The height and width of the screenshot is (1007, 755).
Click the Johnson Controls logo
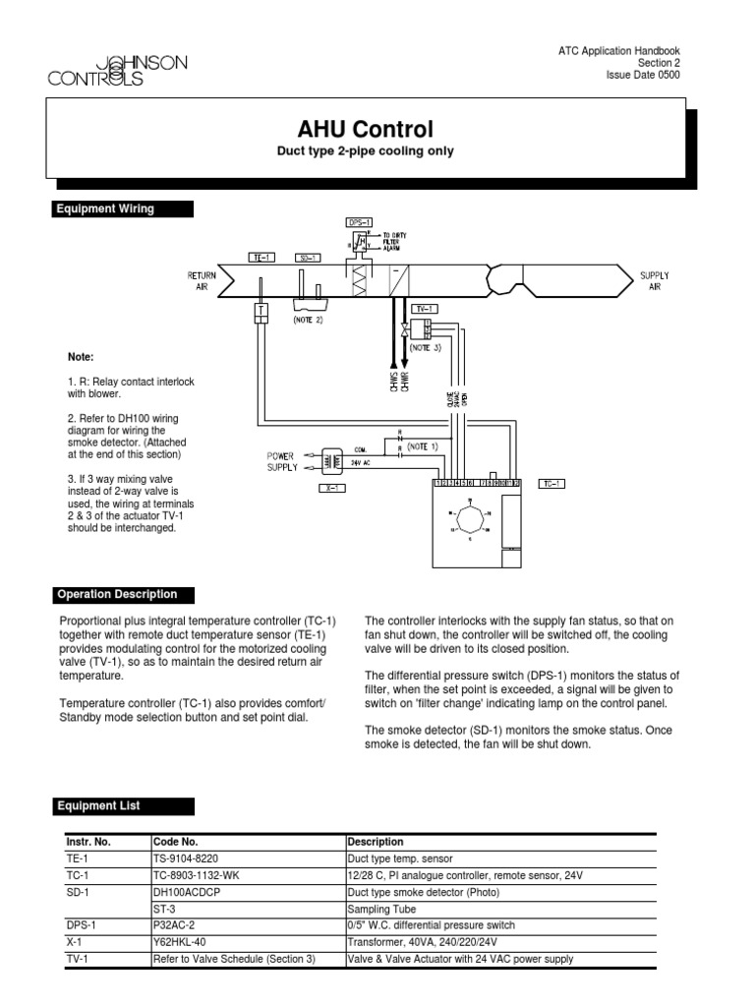[x=117, y=70]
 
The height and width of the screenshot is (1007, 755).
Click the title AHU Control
[x=365, y=130]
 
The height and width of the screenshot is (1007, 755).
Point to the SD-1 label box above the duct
[x=309, y=257]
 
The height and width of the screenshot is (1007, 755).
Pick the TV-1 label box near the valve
[x=425, y=309]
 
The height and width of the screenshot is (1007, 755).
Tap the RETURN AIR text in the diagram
[x=202, y=281]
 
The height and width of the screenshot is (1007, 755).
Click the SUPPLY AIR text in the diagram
[x=655, y=281]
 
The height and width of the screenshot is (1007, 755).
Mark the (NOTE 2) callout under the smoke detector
[x=309, y=319]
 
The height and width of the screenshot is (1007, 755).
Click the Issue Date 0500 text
[x=643, y=75]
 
